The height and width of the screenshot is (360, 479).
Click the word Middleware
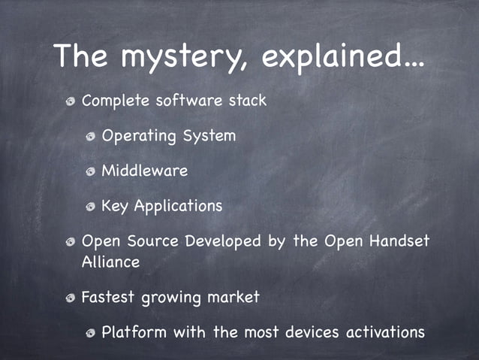(x=144, y=171)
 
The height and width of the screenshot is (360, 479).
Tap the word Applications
(x=178, y=206)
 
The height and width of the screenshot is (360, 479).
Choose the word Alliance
(x=110, y=262)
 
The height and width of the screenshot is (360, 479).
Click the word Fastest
(x=108, y=297)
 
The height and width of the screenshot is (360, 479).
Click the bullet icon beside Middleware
(x=90, y=172)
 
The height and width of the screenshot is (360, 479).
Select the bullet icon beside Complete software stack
(x=70, y=102)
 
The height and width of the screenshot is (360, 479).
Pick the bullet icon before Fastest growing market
(x=70, y=298)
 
